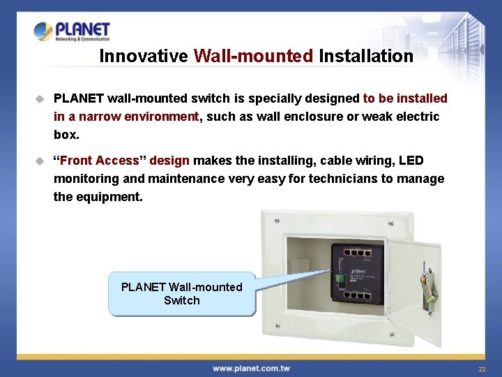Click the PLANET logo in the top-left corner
click(72, 31)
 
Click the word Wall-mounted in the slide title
click(254, 56)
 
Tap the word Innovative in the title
click(143, 56)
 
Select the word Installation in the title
click(366, 56)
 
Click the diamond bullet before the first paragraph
click(40, 98)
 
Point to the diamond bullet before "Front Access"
click(40, 161)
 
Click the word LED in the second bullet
click(411, 161)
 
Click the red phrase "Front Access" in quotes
click(100, 161)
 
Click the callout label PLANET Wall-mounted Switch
click(181, 294)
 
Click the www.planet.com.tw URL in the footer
click(251, 368)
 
